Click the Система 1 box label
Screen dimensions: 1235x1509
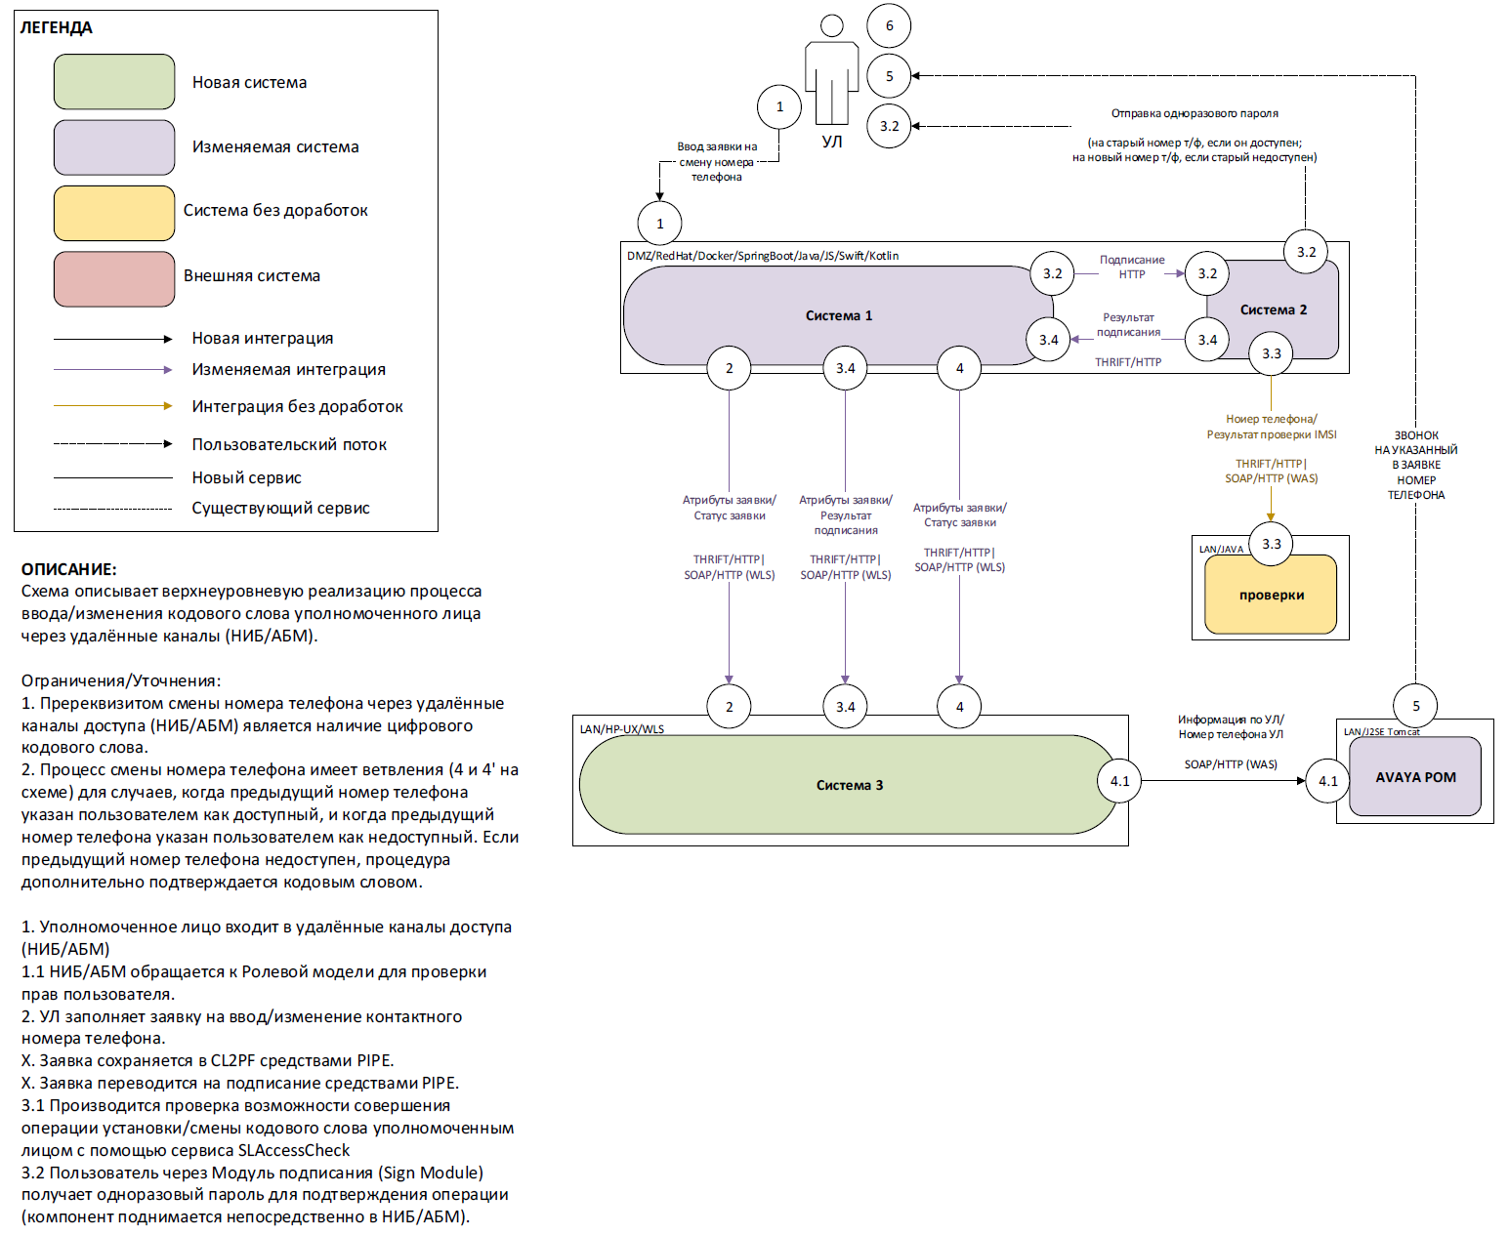click(838, 315)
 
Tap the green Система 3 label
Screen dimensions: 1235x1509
click(849, 785)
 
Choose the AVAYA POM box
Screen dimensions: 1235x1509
click(1415, 777)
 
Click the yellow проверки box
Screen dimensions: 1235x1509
click(1271, 596)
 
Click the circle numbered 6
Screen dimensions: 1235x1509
click(889, 25)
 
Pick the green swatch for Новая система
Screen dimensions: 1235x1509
click(114, 82)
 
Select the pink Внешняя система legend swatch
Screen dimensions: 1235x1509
click(114, 278)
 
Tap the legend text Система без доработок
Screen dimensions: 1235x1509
click(275, 210)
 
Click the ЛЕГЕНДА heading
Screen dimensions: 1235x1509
click(56, 27)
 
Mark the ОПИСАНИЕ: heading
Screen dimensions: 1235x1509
click(68, 569)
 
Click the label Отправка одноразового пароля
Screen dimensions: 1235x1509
click(1194, 113)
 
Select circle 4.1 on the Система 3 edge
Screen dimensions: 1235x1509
click(1119, 781)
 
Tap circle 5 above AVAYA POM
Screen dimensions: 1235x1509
click(1415, 706)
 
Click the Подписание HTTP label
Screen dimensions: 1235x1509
click(1131, 267)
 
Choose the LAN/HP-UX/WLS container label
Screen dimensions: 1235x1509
click(621, 729)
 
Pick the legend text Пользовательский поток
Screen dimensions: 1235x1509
click(289, 444)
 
